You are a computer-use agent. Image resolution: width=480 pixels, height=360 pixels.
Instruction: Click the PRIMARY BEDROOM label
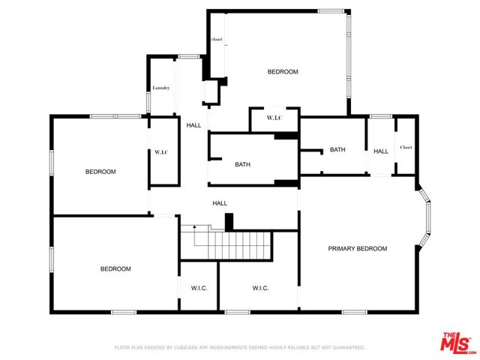tap(357, 248)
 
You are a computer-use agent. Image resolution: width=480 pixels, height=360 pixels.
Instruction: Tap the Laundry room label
tap(160, 88)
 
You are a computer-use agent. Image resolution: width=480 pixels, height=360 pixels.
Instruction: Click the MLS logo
tap(455, 342)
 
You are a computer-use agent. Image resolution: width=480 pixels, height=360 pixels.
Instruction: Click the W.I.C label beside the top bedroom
tap(274, 118)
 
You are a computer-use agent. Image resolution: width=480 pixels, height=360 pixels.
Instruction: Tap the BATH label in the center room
tap(242, 164)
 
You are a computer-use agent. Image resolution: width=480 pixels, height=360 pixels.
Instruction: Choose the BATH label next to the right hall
tap(337, 149)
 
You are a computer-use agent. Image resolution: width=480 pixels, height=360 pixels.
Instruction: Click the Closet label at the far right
tap(406, 147)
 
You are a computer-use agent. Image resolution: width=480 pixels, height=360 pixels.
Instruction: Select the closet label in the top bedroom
tap(217, 39)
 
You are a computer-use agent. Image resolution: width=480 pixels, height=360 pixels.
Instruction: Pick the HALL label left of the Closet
tap(381, 151)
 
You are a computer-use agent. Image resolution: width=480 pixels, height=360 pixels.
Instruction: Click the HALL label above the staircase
tap(220, 202)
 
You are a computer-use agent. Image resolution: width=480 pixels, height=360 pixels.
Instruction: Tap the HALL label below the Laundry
tap(193, 125)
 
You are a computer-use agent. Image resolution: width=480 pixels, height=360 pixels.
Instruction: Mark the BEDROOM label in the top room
tap(283, 72)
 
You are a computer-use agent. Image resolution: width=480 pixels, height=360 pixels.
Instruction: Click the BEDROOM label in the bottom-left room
tap(116, 268)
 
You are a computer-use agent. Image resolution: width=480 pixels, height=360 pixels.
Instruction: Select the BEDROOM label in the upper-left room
tap(100, 172)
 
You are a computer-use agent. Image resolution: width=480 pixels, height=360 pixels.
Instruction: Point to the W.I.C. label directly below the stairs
tap(260, 288)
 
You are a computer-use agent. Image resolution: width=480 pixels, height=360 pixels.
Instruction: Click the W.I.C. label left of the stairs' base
tap(199, 288)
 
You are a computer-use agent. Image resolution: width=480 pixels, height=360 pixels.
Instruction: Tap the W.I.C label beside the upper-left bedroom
tap(161, 152)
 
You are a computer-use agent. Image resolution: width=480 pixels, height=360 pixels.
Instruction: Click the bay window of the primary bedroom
tap(427, 217)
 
